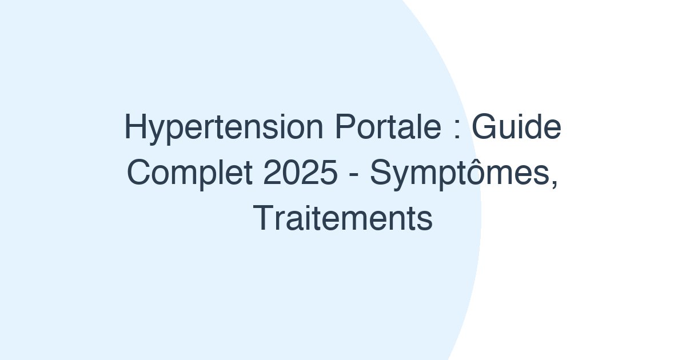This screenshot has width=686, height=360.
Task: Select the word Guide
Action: (516, 127)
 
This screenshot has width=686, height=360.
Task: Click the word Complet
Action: (190, 173)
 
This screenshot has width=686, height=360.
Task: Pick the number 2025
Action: (301, 173)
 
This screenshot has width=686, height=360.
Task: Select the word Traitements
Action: (343, 218)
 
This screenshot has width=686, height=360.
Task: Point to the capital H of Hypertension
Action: (133, 127)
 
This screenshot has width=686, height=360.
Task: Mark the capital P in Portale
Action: (342, 127)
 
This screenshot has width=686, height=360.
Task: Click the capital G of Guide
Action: (482, 127)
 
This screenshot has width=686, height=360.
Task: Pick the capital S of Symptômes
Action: (379, 173)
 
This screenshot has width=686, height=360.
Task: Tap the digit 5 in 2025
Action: (328, 173)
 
